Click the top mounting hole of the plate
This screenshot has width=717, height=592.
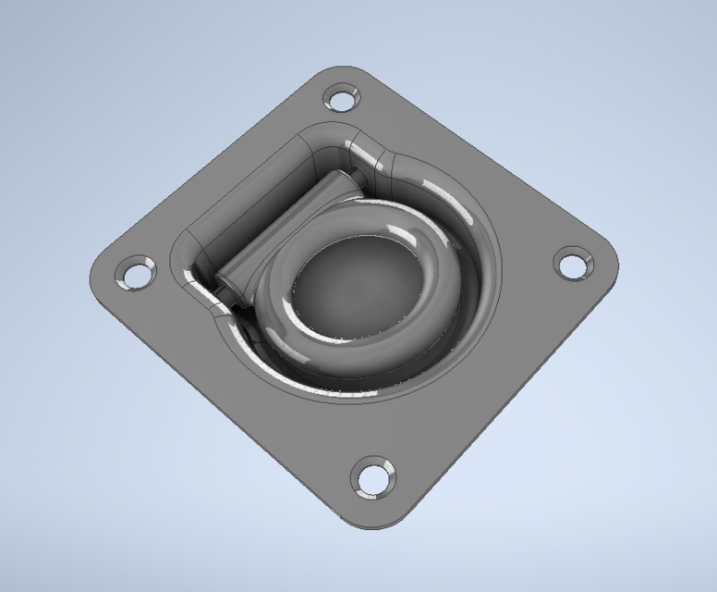pos(341,97)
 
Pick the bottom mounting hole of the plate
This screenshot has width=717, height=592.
pos(373,478)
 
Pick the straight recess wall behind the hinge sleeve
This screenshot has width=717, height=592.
pos(245,194)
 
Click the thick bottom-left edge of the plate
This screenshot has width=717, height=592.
pos(222,416)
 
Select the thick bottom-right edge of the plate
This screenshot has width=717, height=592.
pos(517,407)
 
